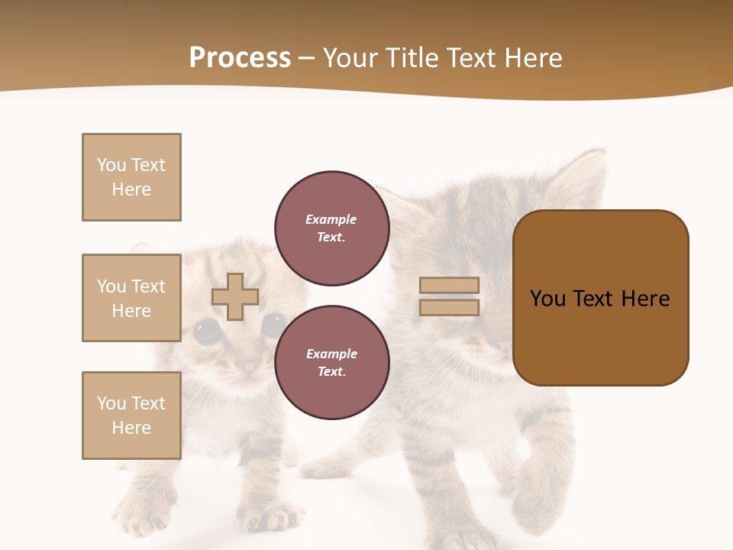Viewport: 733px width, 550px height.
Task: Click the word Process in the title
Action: coord(240,58)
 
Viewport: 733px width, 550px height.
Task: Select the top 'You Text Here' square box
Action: coord(131,177)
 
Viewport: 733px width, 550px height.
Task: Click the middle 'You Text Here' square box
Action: coord(131,298)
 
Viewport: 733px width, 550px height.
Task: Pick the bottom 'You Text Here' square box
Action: coord(131,416)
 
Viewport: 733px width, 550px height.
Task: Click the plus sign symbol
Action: coord(235,296)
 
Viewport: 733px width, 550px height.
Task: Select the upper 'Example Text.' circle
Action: coord(332,228)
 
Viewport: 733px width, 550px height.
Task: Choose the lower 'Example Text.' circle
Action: coord(332,363)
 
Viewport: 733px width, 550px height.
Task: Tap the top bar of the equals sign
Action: coord(449,286)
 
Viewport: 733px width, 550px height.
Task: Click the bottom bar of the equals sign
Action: coord(449,308)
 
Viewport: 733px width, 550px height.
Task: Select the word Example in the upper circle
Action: coord(331,219)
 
